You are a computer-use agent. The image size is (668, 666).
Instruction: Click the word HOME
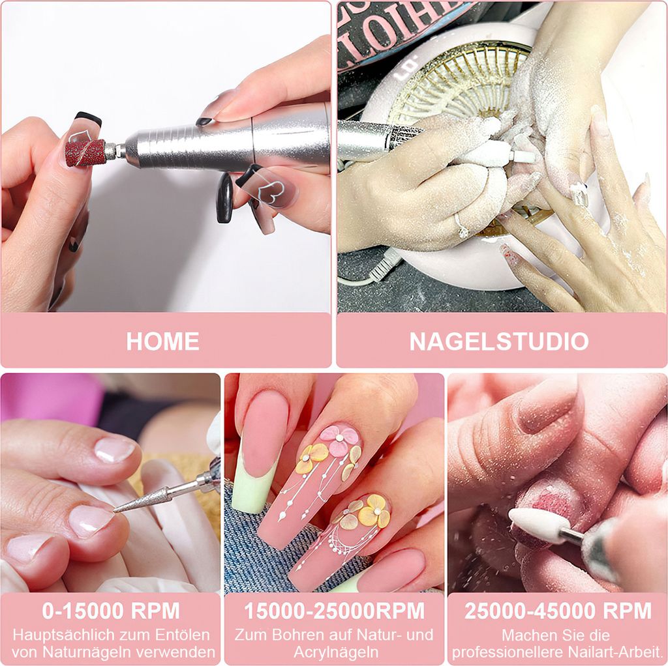click(162, 341)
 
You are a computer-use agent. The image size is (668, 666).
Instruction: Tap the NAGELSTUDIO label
click(499, 341)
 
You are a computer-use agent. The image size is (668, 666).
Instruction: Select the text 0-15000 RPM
click(111, 611)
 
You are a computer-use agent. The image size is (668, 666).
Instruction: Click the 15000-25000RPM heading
click(334, 611)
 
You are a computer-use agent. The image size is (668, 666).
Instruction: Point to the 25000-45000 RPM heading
click(558, 611)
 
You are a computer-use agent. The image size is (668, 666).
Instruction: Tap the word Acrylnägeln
click(334, 652)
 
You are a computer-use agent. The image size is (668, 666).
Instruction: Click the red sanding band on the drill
click(85, 152)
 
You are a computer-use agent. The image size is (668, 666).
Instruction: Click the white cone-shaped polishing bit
click(534, 525)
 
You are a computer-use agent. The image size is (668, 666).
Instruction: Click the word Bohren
click(284, 635)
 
